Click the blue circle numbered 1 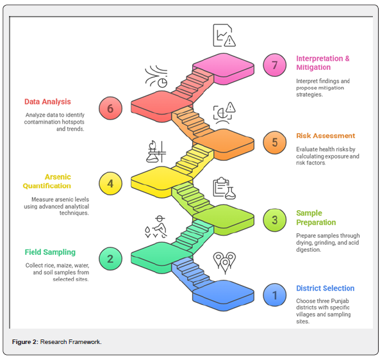point(274,295)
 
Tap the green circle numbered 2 point(110,259)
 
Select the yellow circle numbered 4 point(110,183)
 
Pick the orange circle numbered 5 point(274,142)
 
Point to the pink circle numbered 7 point(274,65)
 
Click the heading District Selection point(325,288)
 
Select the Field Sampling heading point(50,252)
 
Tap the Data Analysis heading point(47,102)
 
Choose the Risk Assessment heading point(325,136)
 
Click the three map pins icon point(224,263)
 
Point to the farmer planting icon point(156,227)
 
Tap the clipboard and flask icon point(224,188)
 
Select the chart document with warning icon point(224,35)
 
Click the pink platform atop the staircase point(224,67)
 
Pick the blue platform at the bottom point(224,295)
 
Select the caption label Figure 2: point(25,341)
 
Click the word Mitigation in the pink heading point(313,67)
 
